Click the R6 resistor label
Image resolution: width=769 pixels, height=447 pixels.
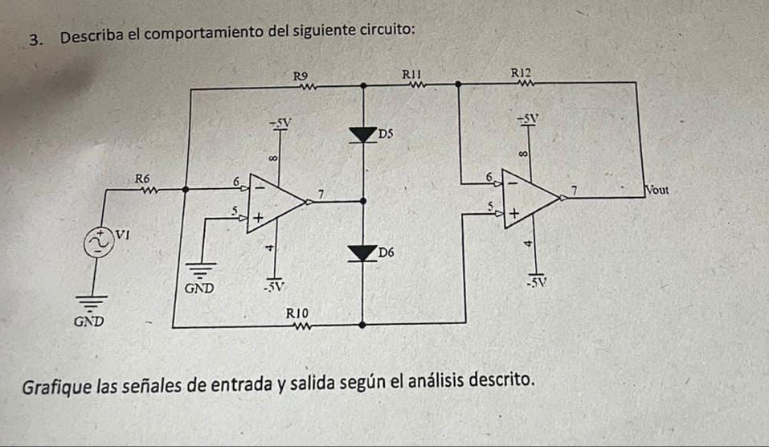click(142, 178)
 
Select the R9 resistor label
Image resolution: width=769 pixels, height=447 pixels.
click(301, 76)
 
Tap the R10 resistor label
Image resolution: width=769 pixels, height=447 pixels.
click(297, 313)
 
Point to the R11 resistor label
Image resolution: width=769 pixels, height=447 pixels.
click(412, 74)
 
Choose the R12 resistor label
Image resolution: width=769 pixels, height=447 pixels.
click(521, 73)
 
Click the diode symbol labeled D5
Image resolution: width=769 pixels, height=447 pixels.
click(363, 134)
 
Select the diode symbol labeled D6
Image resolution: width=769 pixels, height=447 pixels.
click(362, 253)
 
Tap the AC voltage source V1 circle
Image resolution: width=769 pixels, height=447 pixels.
click(97, 243)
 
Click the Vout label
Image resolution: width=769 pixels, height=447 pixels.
click(657, 190)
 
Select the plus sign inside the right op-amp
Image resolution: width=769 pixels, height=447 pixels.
click(514, 213)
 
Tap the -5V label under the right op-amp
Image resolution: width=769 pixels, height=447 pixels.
click(536, 283)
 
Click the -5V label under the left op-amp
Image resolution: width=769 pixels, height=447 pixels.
click(274, 286)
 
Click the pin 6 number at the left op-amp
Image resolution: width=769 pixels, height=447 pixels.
click(236, 182)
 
